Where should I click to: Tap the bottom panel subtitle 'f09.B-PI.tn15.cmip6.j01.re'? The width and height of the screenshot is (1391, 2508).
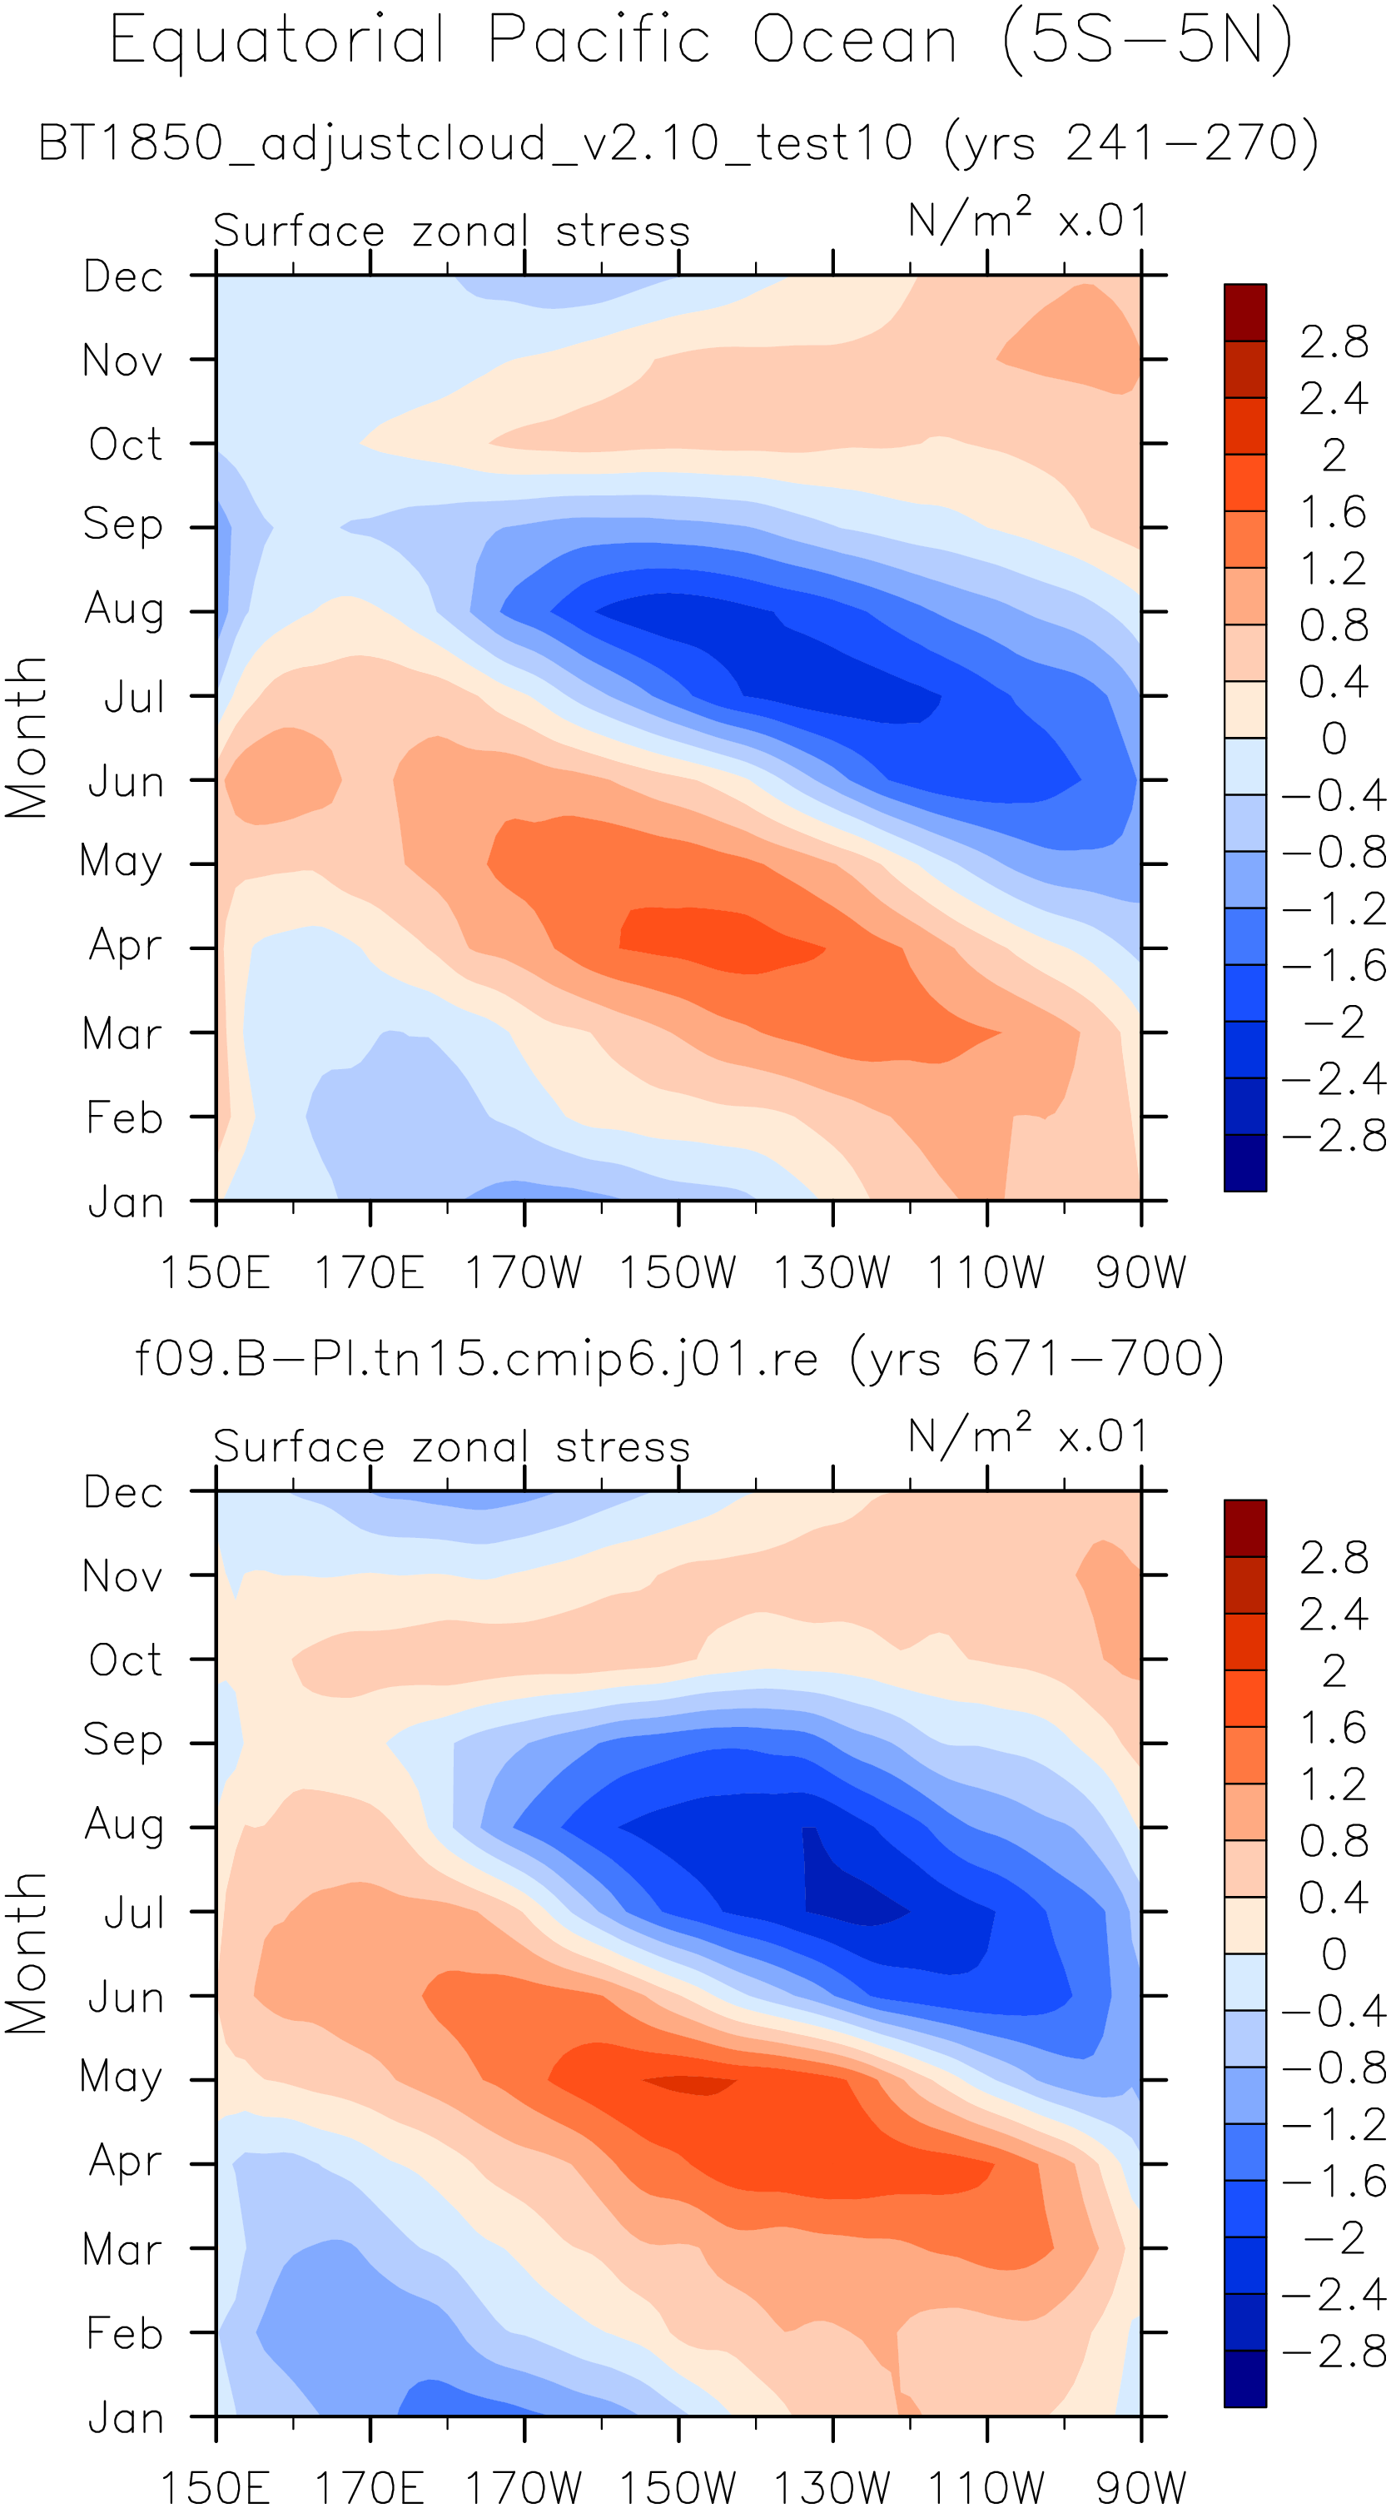[477, 1358]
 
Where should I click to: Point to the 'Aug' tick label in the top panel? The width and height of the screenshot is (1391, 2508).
[124, 610]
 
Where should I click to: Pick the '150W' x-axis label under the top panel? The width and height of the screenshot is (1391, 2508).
[678, 1272]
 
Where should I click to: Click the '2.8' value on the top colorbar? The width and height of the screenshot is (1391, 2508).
[1334, 341]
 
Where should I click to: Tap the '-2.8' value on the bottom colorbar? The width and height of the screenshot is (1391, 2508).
[1334, 2352]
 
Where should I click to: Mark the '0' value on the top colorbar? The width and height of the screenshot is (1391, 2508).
[1334, 738]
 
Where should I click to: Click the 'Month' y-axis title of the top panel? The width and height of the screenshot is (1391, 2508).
[27, 737]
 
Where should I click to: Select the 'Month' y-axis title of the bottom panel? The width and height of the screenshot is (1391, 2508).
[27, 1952]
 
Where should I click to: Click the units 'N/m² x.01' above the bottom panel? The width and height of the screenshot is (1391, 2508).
[1028, 1436]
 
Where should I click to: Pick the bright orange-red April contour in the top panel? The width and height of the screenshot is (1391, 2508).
[720, 939]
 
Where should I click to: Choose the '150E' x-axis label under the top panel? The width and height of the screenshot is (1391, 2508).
[214, 1272]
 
